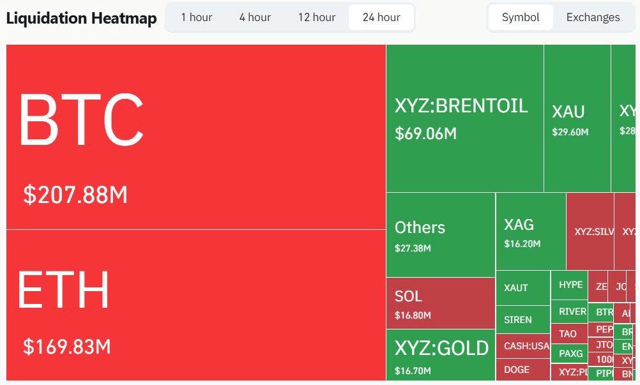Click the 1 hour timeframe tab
196,17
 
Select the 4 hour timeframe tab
255,17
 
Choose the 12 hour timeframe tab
316,17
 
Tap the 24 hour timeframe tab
381,17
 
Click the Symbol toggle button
521,17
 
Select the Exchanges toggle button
593,17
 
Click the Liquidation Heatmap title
81,19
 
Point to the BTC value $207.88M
75,195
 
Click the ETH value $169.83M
67,347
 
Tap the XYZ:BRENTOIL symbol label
461,105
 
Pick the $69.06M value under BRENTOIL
425,133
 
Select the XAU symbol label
568,112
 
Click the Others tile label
420,227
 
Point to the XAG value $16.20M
522,244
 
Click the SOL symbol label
408,296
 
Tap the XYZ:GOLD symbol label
441,348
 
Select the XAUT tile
516,288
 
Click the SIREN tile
517,320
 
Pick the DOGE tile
517,369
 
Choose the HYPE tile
570,285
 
